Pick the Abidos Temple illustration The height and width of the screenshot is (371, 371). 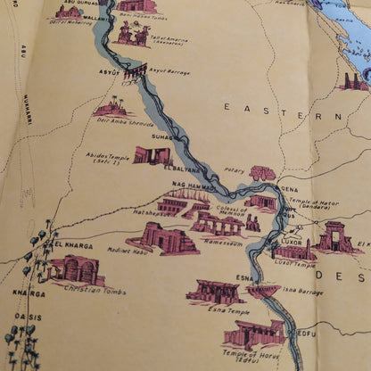tap(151, 156)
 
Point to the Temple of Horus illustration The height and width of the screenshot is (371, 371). tap(255, 334)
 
